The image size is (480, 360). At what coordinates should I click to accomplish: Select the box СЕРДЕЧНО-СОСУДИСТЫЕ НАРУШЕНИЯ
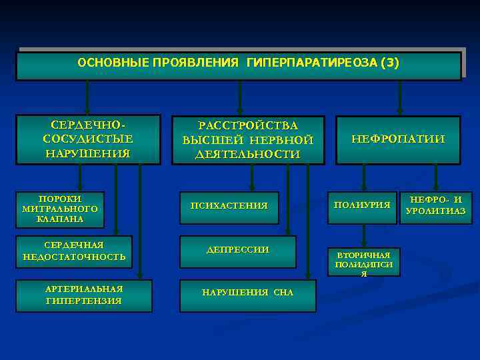tap(87, 139)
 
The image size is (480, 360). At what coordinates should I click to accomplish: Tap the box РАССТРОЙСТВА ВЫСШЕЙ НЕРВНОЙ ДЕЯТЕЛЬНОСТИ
tap(248, 140)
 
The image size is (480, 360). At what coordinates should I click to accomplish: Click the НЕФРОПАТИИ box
tap(398, 139)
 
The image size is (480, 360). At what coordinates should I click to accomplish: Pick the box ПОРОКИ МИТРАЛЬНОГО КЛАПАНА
tap(60, 209)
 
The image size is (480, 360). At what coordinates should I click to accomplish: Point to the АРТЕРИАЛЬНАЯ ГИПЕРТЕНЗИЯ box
tap(83, 295)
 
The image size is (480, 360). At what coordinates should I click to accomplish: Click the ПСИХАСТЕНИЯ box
tap(229, 206)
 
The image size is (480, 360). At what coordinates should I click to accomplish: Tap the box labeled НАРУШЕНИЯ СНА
tap(247, 293)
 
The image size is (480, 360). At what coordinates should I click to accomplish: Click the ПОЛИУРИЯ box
tap(362, 205)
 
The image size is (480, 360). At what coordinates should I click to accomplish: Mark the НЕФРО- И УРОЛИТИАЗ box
tap(435, 205)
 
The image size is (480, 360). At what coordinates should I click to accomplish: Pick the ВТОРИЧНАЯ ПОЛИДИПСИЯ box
tap(363, 262)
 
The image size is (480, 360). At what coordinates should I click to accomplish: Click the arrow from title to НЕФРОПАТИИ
tap(399, 98)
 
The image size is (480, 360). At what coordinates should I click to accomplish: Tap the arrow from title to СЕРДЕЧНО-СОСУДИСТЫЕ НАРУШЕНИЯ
tap(87, 98)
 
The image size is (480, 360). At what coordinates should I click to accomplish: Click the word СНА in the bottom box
tap(283, 293)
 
